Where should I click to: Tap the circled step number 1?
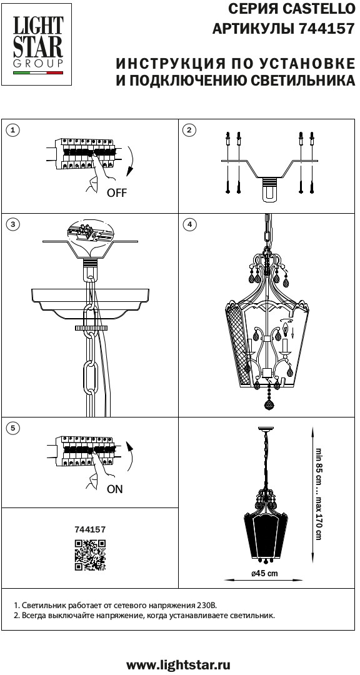(14, 131)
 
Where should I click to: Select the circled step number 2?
(189, 131)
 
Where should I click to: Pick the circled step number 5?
(14, 428)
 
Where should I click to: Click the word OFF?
(117, 193)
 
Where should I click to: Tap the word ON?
(114, 489)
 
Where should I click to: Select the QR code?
(90, 555)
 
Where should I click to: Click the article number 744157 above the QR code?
(90, 530)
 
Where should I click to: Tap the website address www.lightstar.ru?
(178, 663)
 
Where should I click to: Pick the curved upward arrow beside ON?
(131, 457)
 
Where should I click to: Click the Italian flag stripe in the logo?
(38, 74)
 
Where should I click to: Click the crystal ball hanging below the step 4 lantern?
(269, 404)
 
